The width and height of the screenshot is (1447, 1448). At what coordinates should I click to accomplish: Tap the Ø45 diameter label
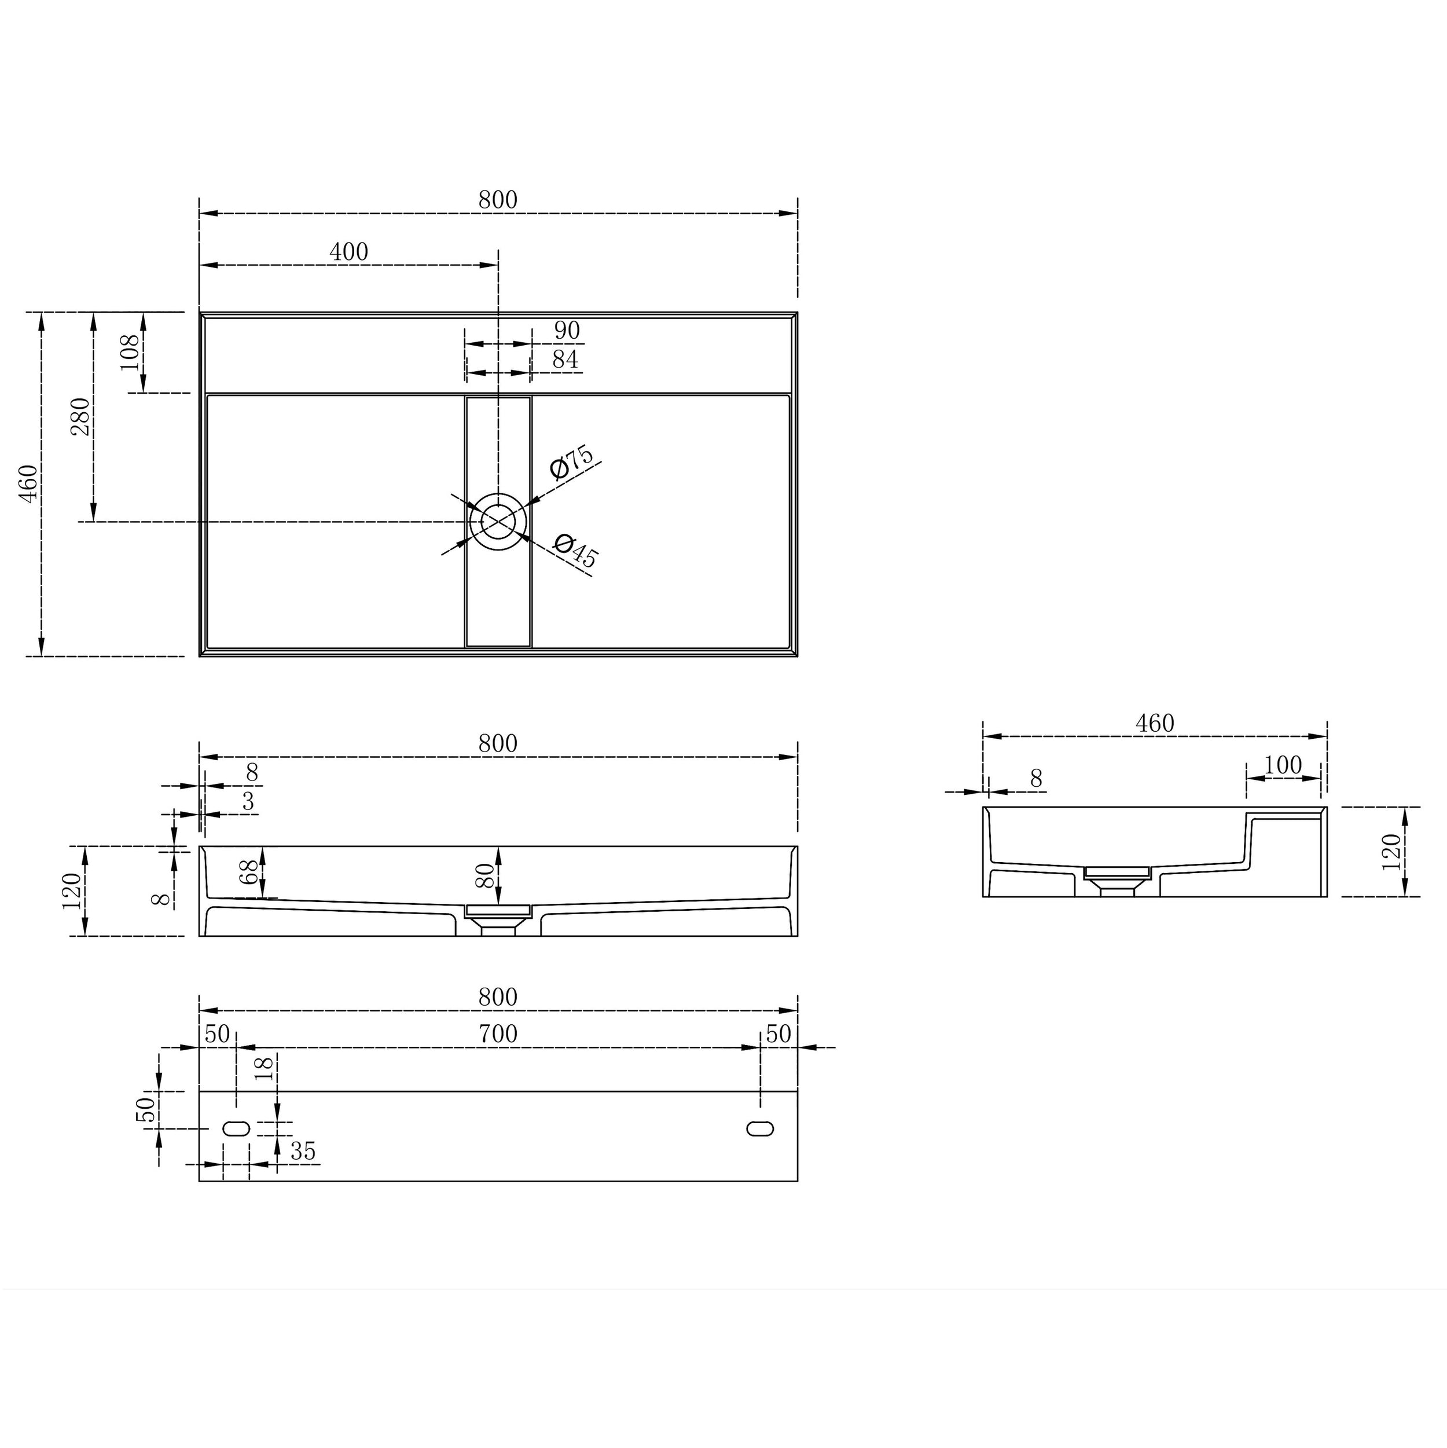575,550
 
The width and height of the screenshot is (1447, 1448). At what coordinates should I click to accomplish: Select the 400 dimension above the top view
348,252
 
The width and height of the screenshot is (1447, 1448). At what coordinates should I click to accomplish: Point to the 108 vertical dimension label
130,351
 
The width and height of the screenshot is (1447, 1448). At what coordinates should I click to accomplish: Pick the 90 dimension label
567,330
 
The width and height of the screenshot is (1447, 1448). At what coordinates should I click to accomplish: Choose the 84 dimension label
565,360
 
